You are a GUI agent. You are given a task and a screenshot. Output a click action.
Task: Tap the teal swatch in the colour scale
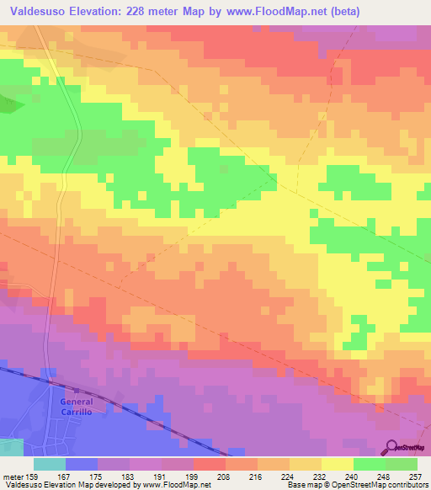point(49,464)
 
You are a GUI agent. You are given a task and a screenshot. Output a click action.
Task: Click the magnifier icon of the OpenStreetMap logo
point(392,446)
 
